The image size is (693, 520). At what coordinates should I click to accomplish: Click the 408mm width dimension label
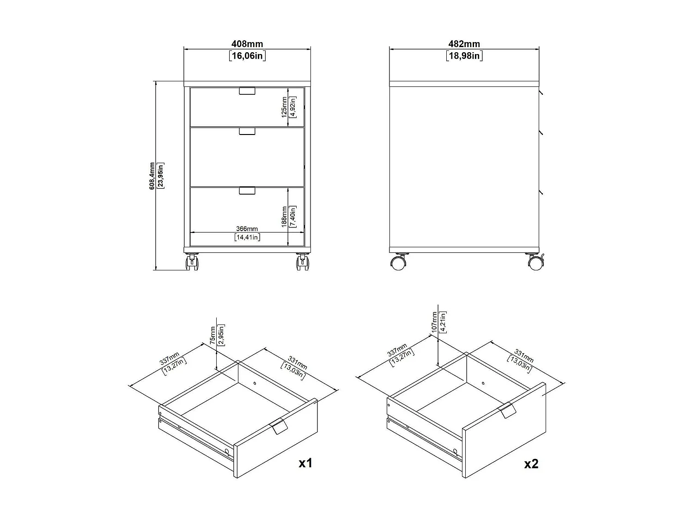point(247,44)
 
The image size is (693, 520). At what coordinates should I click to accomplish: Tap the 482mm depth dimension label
point(464,44)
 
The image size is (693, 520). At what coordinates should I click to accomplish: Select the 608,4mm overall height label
point(152,176)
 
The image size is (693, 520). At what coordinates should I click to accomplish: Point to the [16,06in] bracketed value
point(247,56)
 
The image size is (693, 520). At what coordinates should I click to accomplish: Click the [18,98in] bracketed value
point(464,56)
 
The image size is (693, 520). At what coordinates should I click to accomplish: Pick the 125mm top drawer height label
point(285,107)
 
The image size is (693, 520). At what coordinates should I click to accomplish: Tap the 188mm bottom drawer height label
point(285,215)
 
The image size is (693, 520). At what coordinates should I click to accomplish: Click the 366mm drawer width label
point(247,229)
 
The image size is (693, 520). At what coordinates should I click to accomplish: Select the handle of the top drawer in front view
point(247,91)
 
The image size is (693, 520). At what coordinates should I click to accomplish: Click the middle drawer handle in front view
point(247,132)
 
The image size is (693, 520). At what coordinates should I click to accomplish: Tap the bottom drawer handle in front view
point(247,190)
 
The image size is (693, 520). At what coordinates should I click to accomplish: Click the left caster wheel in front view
point(192,263)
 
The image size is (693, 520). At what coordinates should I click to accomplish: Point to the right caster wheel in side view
point(535,263)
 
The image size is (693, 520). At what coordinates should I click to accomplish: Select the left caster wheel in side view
point(398,263)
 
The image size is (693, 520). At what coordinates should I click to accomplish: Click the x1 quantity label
point(305,463)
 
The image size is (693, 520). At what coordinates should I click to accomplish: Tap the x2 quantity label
point(531,463)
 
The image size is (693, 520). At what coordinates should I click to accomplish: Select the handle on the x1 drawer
point(278,427)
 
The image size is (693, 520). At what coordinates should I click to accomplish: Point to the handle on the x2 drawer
point(507,410)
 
